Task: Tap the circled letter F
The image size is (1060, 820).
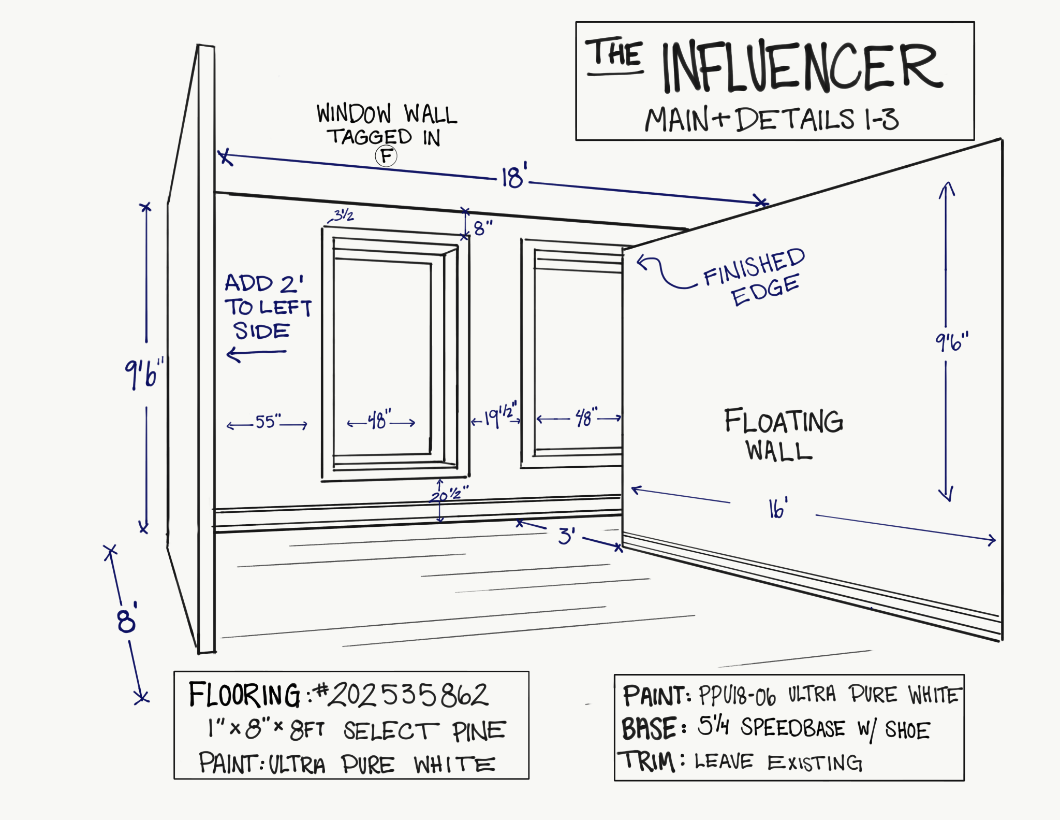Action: (386, 156)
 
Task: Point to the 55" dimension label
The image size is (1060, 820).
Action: (268, 422)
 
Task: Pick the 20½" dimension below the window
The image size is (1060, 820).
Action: (449, 494)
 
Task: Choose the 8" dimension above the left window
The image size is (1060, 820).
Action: (483, 228)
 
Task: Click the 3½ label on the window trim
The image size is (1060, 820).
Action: (343, 215)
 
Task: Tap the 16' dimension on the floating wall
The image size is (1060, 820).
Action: (778, 508)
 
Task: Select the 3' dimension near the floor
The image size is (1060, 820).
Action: (566, 536)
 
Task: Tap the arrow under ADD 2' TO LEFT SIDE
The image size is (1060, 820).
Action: (256, 354)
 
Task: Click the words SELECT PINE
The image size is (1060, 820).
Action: (424, 731)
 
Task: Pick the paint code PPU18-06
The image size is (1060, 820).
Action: (737, 696)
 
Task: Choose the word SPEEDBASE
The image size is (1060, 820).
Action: (792, 728)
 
